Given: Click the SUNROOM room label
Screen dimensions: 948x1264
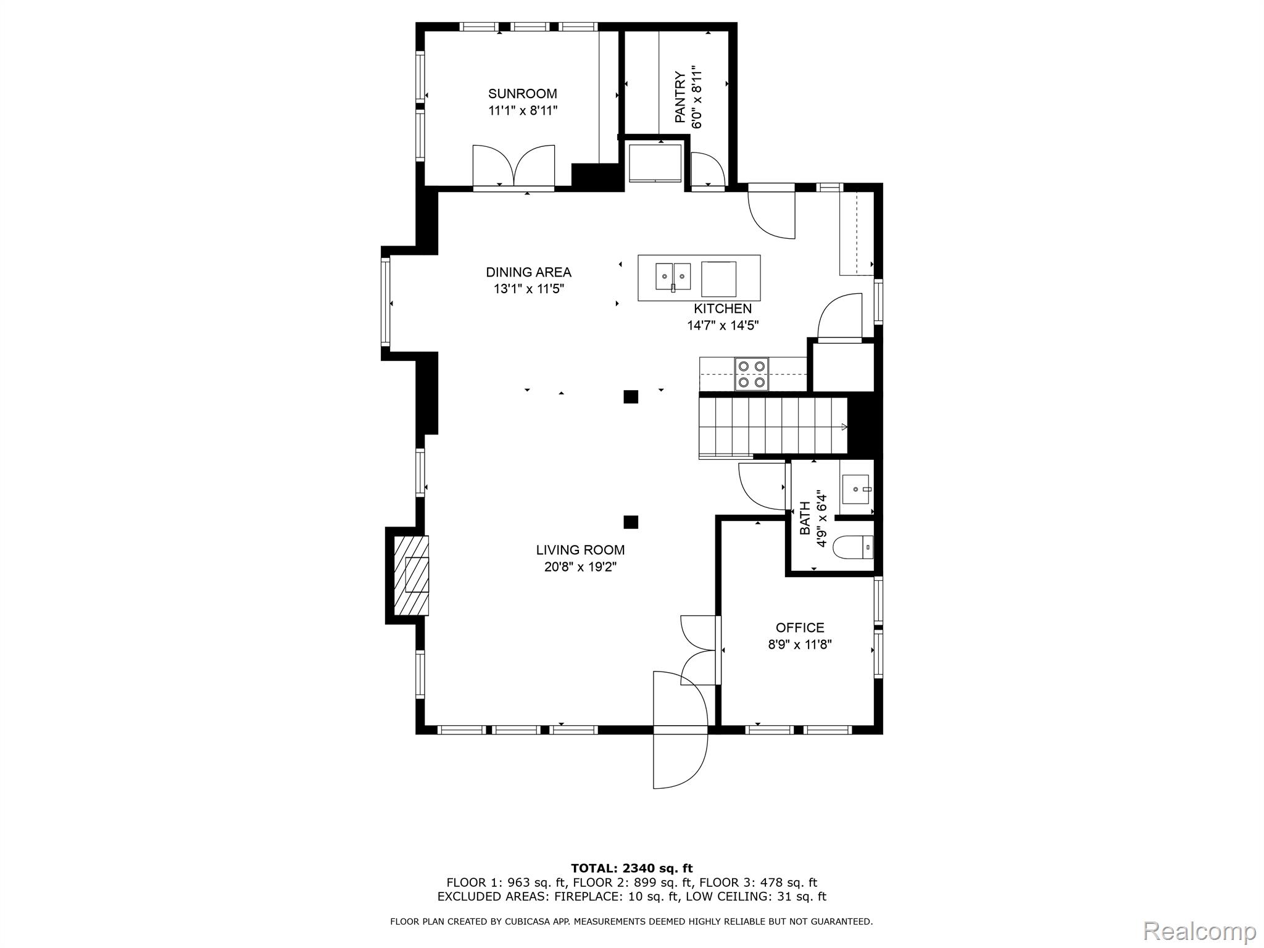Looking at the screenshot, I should tap(522, 94).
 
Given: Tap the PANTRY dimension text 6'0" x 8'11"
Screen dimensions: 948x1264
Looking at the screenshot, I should tap(697, 97).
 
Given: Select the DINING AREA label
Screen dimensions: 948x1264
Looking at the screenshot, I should tap(528, 272).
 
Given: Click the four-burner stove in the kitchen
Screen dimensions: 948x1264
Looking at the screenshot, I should tap(752, 374).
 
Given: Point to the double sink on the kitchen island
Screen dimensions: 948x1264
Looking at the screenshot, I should tap(673, 277).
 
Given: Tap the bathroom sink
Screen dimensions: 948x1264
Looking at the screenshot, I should tap(855, 489).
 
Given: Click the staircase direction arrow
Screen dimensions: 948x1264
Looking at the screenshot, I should tap(843, 426).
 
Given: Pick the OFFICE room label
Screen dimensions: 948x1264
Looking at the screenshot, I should tap(800, 628).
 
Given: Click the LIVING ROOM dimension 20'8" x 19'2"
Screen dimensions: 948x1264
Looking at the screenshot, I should tap(580, 567).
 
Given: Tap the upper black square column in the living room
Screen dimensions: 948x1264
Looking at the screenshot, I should tap(630, 397).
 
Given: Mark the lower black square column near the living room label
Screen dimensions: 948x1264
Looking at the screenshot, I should tap(630, 522).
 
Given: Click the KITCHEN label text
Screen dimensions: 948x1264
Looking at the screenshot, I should tap(723, 309).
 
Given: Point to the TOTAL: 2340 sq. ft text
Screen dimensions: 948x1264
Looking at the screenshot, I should tap(631, 868).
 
